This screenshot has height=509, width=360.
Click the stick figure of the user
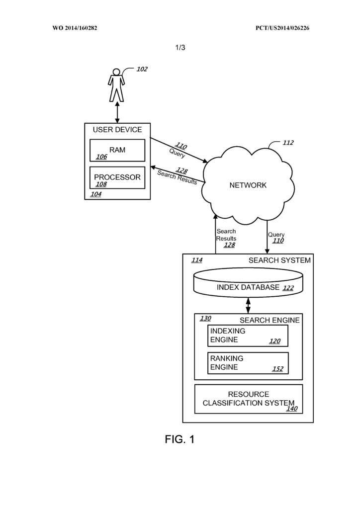pos(117,85)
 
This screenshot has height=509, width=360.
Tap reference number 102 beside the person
pos(142,69)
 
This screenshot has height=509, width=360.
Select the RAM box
pos(117,151)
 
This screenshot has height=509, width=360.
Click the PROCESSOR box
pos(117,178)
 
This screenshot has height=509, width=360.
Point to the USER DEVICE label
pos(117,130)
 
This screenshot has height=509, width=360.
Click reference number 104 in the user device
pos(96,194)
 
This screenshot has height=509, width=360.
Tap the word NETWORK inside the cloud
pos(248,185)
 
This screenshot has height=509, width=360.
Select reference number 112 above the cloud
pos(288,143)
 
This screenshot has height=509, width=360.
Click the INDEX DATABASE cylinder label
pos(248,287)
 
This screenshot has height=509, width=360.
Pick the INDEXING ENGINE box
pos(248,336)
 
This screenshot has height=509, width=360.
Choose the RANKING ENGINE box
pos(248,363)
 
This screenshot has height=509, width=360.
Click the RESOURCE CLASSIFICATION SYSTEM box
pos(248,399)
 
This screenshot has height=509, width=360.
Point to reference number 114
pos(197,260)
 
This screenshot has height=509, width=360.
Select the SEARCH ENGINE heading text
pos(270,320)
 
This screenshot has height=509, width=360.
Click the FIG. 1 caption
pos(180,439)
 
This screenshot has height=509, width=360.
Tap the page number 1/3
pos(180,48)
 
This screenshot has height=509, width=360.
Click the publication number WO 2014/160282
pos(75,28)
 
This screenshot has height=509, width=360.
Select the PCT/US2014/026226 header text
pos(282,28)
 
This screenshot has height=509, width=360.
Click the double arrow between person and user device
pos(117,113)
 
